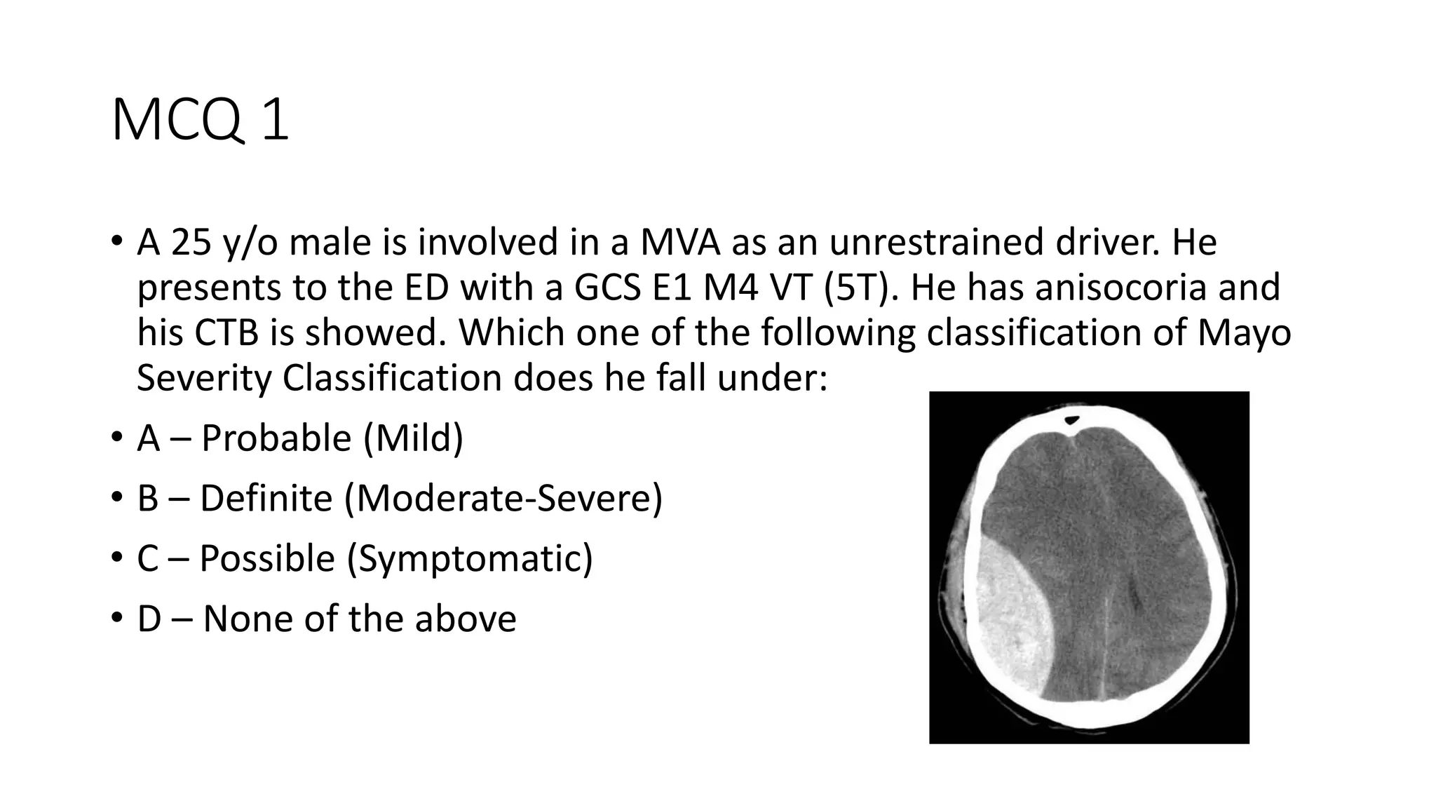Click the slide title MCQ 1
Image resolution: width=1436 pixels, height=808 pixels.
click(x=200, y=121)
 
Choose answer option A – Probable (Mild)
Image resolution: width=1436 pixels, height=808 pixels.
click(x=300, y=438)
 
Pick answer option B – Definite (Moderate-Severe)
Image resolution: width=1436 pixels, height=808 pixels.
click(x=400, y=499)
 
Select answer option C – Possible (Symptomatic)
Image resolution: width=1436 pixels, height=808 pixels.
click(x=365, y=559)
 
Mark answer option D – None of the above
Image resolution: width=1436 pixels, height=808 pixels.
click(x=327, y=619)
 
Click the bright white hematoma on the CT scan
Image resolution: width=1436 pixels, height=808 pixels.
click(x=1013, y=617)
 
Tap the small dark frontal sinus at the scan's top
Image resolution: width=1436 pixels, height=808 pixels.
click(x=1072, y=421)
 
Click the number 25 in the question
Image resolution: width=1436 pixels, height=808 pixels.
click(x=191, y=242)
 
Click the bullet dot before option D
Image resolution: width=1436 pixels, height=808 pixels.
click(x=116, y=619)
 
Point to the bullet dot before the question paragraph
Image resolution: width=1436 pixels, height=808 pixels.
click(x=116, y=242)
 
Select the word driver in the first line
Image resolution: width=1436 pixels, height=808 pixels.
click(x=1109, y=242)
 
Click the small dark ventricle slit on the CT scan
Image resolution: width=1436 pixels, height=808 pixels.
click(x=1134, y=596)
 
